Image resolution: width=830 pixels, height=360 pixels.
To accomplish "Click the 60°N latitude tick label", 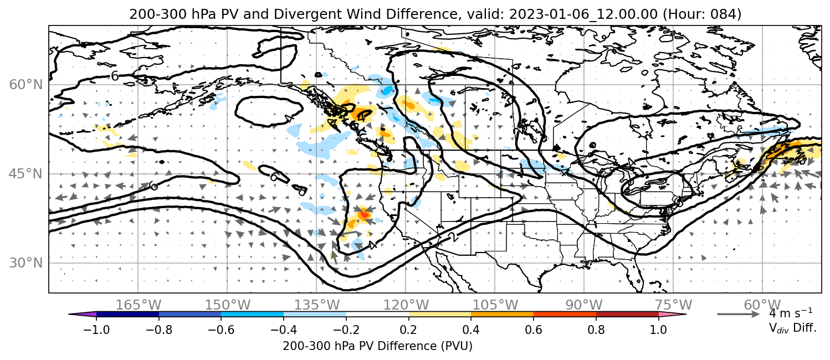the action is tap(26, 85).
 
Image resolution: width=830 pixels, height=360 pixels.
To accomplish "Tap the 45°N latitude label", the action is tap(26, 174).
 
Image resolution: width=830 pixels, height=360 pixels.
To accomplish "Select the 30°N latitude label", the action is tap(26, 263).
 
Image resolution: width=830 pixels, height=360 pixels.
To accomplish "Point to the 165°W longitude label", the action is tap(139, 305).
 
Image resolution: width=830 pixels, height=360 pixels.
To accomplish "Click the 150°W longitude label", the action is tap(228, 305).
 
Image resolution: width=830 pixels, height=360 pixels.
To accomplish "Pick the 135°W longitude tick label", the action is tap(317, 305).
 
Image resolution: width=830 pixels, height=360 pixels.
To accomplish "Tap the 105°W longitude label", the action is tap(495, 305).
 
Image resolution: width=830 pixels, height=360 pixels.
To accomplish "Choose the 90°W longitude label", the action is tap(584, 305).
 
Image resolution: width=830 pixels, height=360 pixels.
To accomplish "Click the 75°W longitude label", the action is tap(673, 305).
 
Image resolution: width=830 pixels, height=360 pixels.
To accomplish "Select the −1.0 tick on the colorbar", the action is tap(96, 330).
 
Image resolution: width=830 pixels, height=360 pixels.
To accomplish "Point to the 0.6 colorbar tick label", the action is tap(534, 330).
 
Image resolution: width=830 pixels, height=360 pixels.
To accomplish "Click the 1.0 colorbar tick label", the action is tap(658, 330).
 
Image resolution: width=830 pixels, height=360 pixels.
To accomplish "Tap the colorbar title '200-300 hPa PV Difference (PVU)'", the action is tap(377, 346).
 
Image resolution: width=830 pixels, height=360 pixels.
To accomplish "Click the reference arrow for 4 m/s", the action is tap(739, 314).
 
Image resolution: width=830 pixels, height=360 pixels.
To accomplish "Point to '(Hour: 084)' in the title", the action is tap(702, 14).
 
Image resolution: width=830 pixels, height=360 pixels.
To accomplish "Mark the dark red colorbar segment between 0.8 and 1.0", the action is tap(627, 314).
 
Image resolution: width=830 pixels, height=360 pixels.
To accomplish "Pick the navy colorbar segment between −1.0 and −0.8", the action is tap(127, 314).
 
